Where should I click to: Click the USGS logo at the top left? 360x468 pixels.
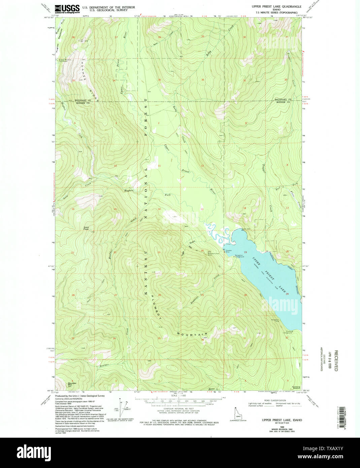coord(67,8)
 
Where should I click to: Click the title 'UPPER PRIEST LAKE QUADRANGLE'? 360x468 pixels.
coord(276,6)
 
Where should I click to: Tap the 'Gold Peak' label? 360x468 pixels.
coord(86,228)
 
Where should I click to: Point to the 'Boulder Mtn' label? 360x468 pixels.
coord(72,384)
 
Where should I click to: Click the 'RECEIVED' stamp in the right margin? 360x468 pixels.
coord(336,360)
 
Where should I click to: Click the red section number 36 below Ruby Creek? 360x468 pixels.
coord(203,80)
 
